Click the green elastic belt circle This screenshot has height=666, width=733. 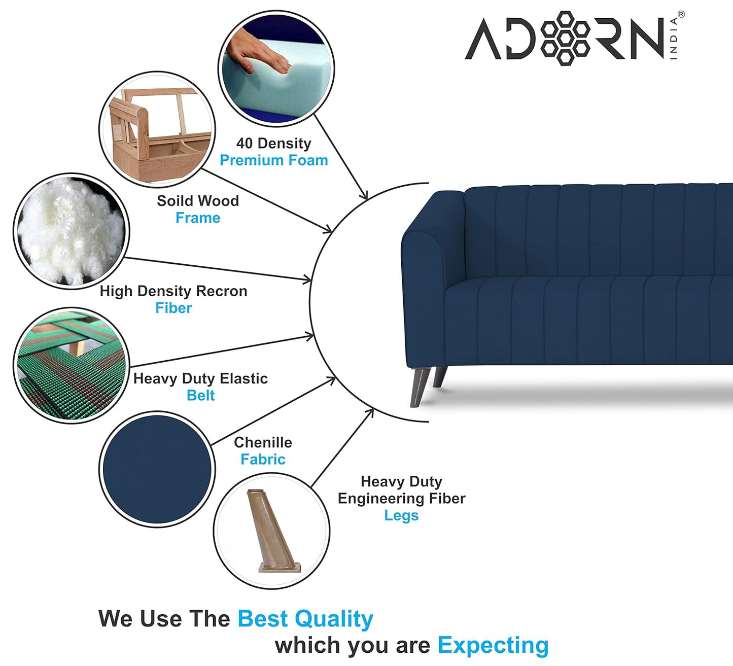(71, 365)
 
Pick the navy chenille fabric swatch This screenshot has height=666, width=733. (157, 469)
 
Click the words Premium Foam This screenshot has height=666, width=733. (273, 160)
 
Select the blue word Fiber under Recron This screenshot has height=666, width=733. (173, 308)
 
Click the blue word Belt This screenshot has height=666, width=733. (200, 396)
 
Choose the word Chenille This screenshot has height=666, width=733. (263, 442)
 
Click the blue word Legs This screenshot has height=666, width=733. (401, 515)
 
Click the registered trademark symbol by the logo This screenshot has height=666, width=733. (681, 15)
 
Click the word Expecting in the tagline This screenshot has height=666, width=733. (493, 645)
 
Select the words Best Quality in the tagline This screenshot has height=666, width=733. (305, 619)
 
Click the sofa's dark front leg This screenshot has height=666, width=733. (420, 387)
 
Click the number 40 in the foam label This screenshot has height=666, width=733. (244, 144)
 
